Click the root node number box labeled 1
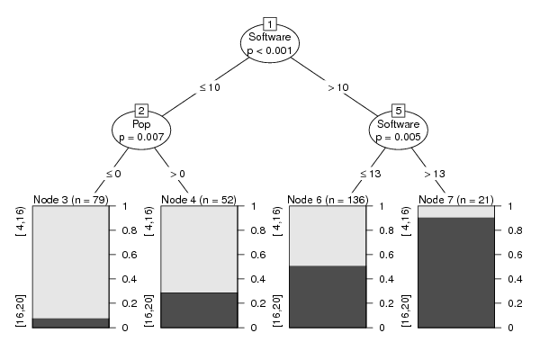(270, 24)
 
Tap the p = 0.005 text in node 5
(399, 137)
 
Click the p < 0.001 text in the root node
(270, 50)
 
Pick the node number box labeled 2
(141, 111)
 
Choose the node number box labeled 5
(399, 111)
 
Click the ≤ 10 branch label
(210, 87)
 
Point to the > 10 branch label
(338, 87)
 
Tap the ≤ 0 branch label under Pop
(113, 174)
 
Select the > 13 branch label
(435, 174)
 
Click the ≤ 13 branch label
(370, 174)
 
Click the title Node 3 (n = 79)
(70, 200)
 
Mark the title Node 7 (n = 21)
(456, 200)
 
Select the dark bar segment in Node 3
(70, 323)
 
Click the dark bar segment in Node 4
(199, 310)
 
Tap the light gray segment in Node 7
(456, 211)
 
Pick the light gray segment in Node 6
(328, 236)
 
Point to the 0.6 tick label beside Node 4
(258, 255)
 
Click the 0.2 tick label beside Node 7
(515, 303)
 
